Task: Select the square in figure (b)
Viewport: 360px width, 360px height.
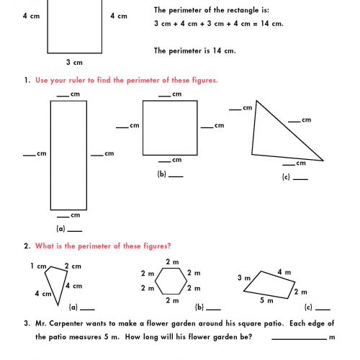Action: (x=171, y=127)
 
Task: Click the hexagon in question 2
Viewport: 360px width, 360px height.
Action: (x=172, y=280)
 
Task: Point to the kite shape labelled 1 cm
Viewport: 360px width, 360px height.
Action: (x=52, y=281)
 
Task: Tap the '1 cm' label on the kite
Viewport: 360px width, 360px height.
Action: (x=37, y=266)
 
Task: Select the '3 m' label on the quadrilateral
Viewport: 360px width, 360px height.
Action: (x=243, y=277)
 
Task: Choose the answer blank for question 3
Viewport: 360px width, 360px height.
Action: (x=299, y=337)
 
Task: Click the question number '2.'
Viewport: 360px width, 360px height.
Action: (x=27, y=246)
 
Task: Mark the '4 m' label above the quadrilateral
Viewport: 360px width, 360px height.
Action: (x=284, y=271)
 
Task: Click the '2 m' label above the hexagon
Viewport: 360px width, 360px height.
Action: (x=172, y=261)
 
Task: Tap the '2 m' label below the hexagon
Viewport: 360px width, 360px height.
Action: (x=172, y=300)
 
